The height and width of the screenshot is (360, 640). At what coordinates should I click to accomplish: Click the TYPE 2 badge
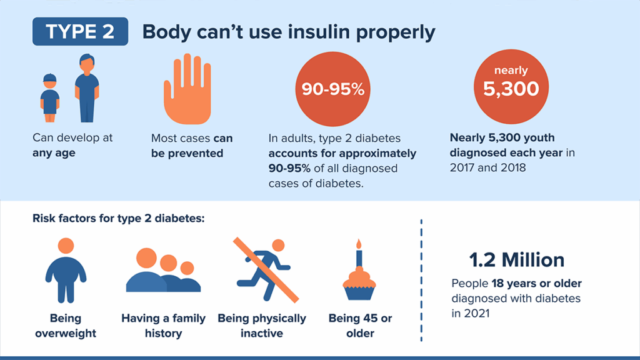80,32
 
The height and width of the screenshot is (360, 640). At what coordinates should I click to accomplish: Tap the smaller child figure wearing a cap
50,97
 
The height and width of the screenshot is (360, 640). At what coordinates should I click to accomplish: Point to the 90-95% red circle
332,89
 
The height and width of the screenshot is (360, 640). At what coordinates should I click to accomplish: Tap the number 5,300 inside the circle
511,89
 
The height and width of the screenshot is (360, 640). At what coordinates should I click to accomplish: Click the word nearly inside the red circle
511,71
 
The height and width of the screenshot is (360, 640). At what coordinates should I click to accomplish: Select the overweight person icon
66,269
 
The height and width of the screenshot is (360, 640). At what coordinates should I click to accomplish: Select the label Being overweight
66,326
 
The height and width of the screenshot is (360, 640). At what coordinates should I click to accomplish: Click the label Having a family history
163,326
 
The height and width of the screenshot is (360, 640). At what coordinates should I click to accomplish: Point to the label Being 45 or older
360,326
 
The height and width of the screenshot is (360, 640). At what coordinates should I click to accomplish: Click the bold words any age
54,152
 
